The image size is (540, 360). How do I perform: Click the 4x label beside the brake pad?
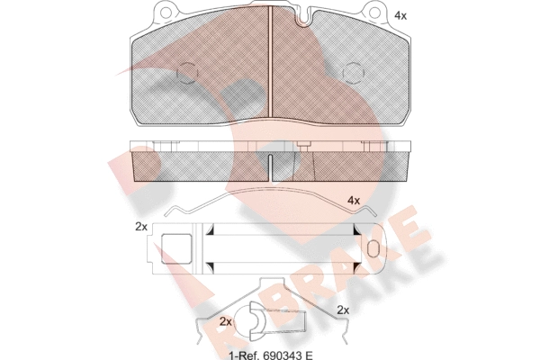pos(400,15)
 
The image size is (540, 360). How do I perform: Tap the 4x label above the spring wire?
pos(354,200)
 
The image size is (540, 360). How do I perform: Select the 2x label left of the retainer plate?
pos(141,227)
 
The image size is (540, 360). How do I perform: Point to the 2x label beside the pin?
pos(226,322)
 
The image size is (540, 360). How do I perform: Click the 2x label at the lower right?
pos(343,310)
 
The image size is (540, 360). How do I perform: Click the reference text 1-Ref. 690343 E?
pos(271,355)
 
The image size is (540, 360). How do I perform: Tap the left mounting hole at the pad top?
pos(166,13)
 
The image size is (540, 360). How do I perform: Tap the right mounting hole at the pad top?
pos(374,13)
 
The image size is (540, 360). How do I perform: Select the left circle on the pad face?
pos(187,73)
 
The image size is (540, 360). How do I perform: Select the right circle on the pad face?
pos(354,73)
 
